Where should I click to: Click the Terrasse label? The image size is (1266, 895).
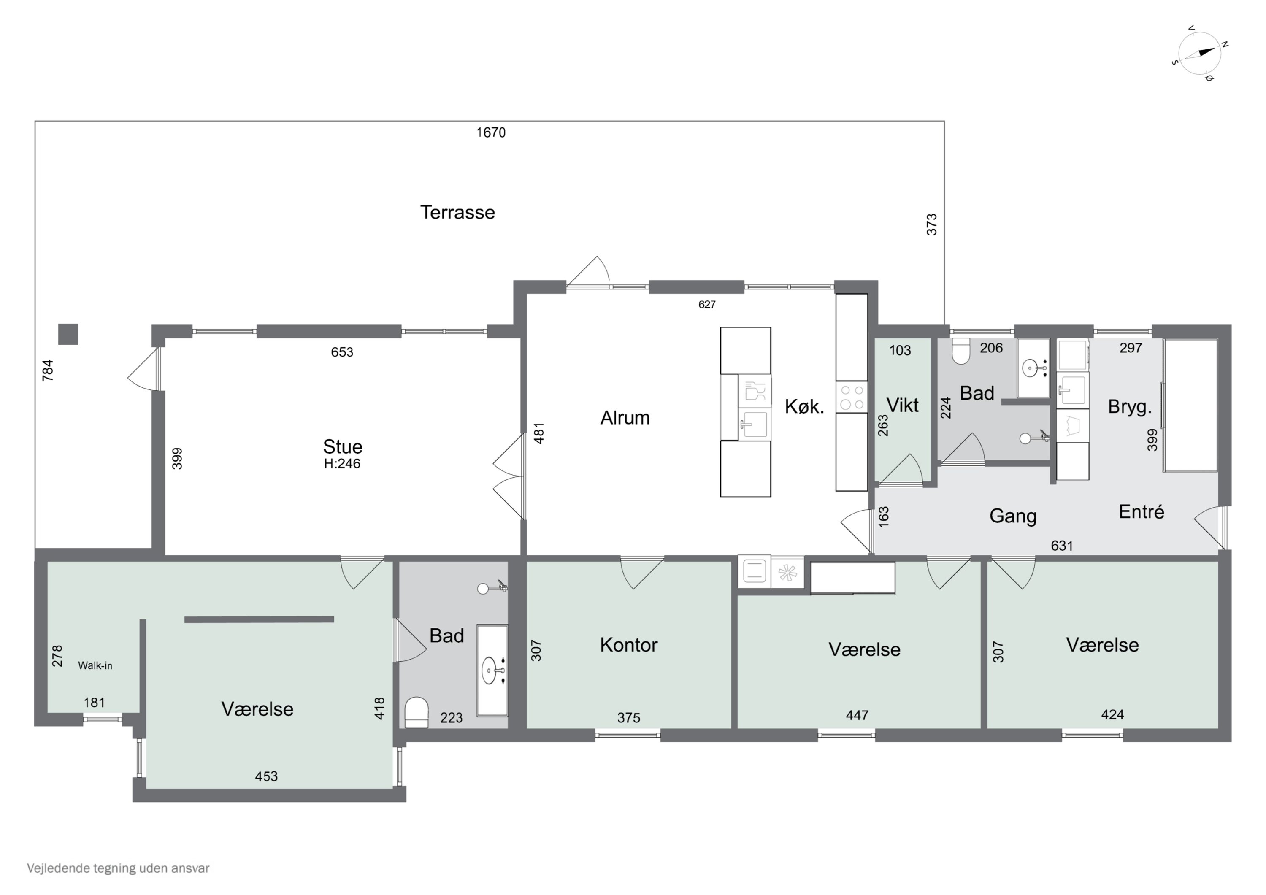point(457,212)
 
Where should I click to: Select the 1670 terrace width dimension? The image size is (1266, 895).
point(491,132)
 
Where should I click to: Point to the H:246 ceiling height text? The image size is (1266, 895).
point(342,463)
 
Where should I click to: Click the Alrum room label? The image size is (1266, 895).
point(625,418)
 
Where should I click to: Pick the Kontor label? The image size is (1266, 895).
point(629,645)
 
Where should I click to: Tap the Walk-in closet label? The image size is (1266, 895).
point(95,665)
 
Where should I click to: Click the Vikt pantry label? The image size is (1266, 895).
point(902,406)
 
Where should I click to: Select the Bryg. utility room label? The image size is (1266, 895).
point(1130,407)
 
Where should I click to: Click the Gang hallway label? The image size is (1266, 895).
point(1013,516)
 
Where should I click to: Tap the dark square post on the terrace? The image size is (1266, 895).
point(68,334)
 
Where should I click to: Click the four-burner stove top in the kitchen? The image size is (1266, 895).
point(851,397)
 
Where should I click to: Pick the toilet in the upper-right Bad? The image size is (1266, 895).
point(961,351)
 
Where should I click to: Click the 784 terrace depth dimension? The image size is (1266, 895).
point(48,370)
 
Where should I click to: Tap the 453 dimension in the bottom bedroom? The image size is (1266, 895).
point(266,776)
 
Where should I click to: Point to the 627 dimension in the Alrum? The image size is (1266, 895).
point(706,304)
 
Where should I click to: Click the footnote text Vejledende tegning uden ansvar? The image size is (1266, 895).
point(118,868)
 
